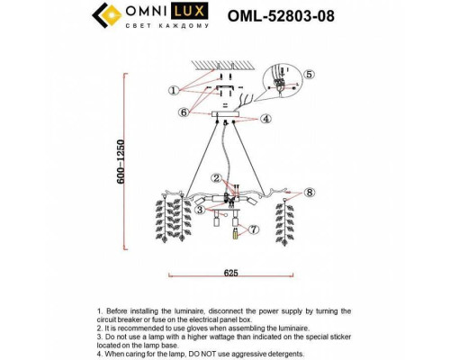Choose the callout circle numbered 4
tap(266, 119)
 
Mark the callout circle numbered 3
tap(199, 210)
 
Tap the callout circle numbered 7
tap(255, 230)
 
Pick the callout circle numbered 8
tap(310, 192)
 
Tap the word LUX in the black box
tap(193, 12)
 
